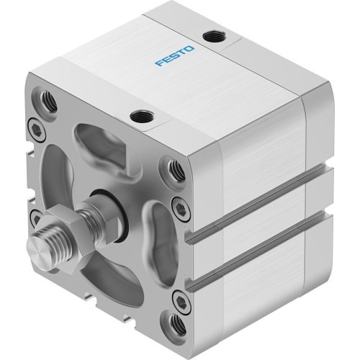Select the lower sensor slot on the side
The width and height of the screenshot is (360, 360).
252,256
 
